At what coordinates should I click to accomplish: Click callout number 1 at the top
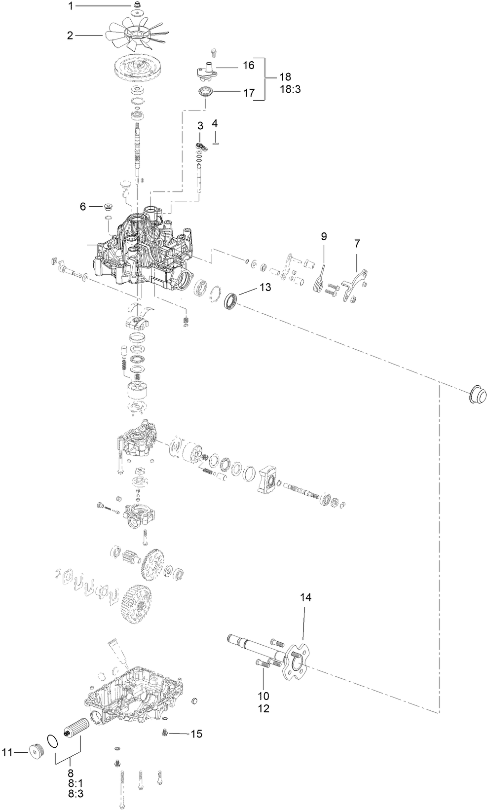[x=71, y=6]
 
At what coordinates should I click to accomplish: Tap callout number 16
[x=248, y=65]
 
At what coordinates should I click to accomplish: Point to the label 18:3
[x=279, y=89]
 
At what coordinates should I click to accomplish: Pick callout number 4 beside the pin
[x=215, y=123]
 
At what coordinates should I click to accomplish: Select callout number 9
[x=324, y=236]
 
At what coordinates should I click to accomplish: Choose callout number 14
[x=306, y=597]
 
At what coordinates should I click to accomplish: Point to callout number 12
[x=263, y=709]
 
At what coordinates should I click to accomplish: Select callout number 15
[x=196, y=734]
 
